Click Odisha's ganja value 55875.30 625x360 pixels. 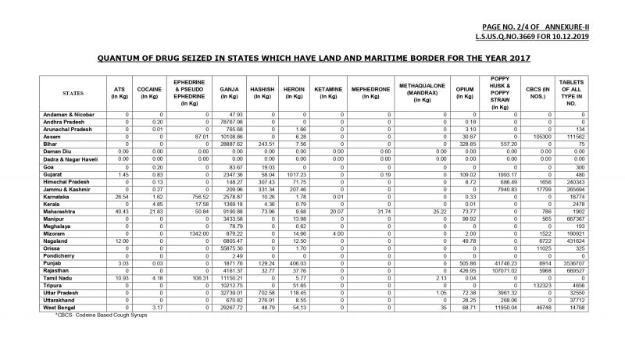pos(230,248)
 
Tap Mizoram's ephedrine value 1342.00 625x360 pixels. pos(197,233)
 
